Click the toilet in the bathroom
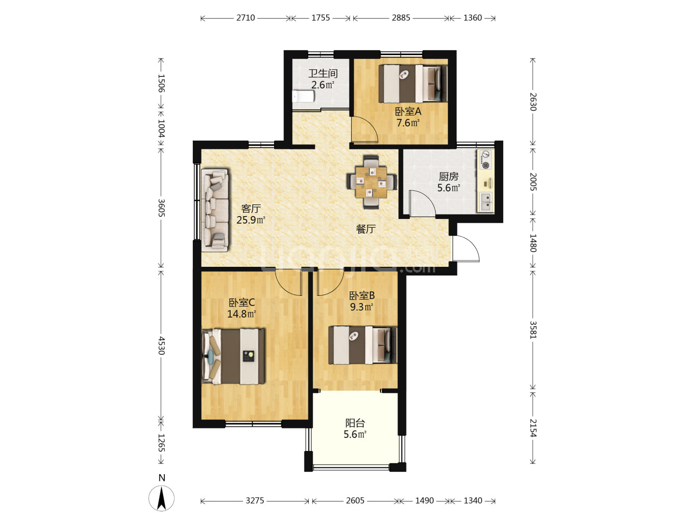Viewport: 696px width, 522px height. coord(303,96)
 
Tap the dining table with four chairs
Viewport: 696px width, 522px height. coord(371,182)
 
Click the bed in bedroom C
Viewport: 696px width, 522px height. coord(233,357)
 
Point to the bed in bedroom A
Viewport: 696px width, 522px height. coord(413,84)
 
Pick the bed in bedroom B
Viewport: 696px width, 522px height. coord(362,345)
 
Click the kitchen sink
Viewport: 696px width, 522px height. coord(485,202)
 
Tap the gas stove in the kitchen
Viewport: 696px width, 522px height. coord(485,159)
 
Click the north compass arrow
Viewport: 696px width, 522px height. coord(162,498)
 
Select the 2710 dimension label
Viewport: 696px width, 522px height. coord(246,18)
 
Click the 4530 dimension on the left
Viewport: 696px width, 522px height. coord(162,346)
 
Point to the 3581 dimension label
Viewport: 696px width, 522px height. coord(533,330)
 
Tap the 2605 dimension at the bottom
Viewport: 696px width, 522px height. coord(355,501)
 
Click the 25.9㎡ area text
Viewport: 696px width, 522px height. coord(251,219)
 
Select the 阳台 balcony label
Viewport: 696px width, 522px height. coord(355,423)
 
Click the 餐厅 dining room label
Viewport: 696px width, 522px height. coord(366,229)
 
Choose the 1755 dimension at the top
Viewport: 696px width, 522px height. coord(320,18)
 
